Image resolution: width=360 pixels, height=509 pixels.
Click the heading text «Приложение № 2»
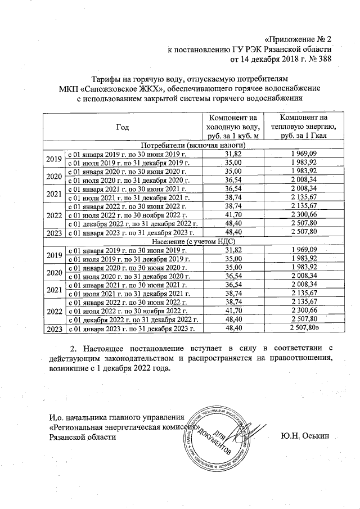point(299,39)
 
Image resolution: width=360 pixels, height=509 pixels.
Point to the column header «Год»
point(123,127)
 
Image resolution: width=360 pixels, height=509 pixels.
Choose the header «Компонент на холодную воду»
point(233,127)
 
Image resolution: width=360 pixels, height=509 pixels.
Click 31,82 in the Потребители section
point(233,154)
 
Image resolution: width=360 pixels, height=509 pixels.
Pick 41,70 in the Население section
point(233,310)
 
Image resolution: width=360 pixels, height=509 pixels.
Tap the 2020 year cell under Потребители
point(54,175)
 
